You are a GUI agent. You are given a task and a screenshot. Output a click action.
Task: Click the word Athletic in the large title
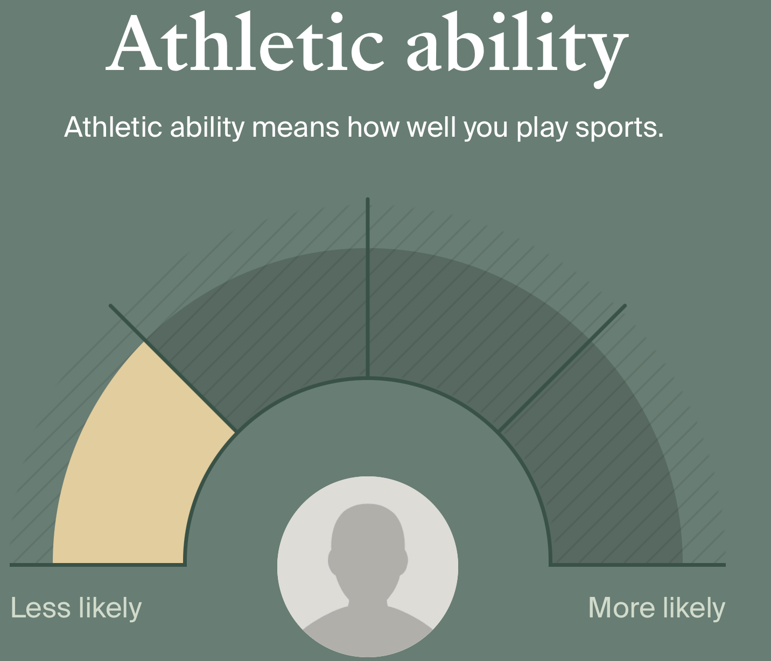click(244, 42)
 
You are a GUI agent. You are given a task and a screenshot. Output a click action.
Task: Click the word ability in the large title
click(517, 49)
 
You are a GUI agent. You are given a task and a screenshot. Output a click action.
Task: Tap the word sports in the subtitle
click(619, 128)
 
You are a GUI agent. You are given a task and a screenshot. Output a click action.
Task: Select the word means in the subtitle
click(296, 128)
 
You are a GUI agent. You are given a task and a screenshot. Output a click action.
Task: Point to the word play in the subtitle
click(541, 128)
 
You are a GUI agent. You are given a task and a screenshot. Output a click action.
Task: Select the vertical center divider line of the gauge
click(367, 288)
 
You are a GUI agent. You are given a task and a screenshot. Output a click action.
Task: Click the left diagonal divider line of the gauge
click(173, 369)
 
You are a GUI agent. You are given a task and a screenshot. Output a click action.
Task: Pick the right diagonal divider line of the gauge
click(563, 369)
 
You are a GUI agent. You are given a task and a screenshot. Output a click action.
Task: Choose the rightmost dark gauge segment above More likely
click(612, 485)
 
